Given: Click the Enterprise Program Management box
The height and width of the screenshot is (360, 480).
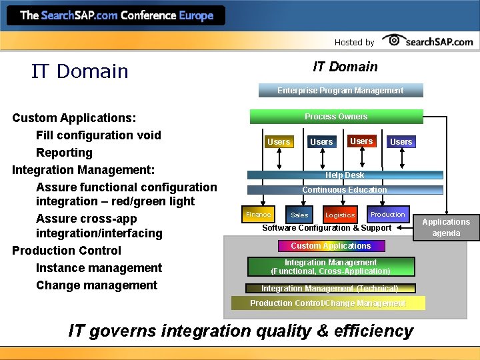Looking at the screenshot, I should pyautogui.click(x=340, y=91).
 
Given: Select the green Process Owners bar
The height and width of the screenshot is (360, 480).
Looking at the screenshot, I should pyautogui.click(x=336, y=117).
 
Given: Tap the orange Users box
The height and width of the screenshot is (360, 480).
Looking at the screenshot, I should pyautogui.click(x=279, y=141).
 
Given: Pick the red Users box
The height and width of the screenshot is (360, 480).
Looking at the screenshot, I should pyautogui.click(x=361, y=141).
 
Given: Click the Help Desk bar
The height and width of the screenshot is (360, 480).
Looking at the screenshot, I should pyautogui.click(x=345, y=175).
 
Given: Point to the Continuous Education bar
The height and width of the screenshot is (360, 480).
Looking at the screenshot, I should pyautogui.click(x=345, y=190).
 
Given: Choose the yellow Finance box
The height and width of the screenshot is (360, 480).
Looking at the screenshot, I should pyautogui.click(x=258, y=215).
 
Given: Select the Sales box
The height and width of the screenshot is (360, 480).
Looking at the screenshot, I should pyautogui.click(x=300, y=215).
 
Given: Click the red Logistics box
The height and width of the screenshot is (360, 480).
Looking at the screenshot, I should pyautogui.click(x=340, y=215).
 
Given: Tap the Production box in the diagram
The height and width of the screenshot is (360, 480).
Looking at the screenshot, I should pyautogui.click(x=387, y=214).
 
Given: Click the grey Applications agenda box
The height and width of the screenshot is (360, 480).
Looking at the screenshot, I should pyautogui.click(x=446, y=227).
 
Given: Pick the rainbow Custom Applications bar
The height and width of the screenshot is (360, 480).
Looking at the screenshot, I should pyautogui.click(x=331, y=246).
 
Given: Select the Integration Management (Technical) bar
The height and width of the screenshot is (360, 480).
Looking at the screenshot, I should pyautogui.click(x=329, y=288).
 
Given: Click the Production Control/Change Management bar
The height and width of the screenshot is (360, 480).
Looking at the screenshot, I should pyautogui.click(x=327, y=303).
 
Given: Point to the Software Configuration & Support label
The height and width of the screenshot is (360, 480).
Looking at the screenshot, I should pyautogui.click(x=327, y=228).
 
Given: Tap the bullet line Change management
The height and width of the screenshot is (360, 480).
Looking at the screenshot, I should pyautogui.click(x=97, y=285).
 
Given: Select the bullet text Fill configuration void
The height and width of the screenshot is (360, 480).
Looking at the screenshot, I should pyautogui.click(x=98, y=135).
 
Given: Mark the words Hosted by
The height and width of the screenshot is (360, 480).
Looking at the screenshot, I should pyautogui.click(x=354, y=42).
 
